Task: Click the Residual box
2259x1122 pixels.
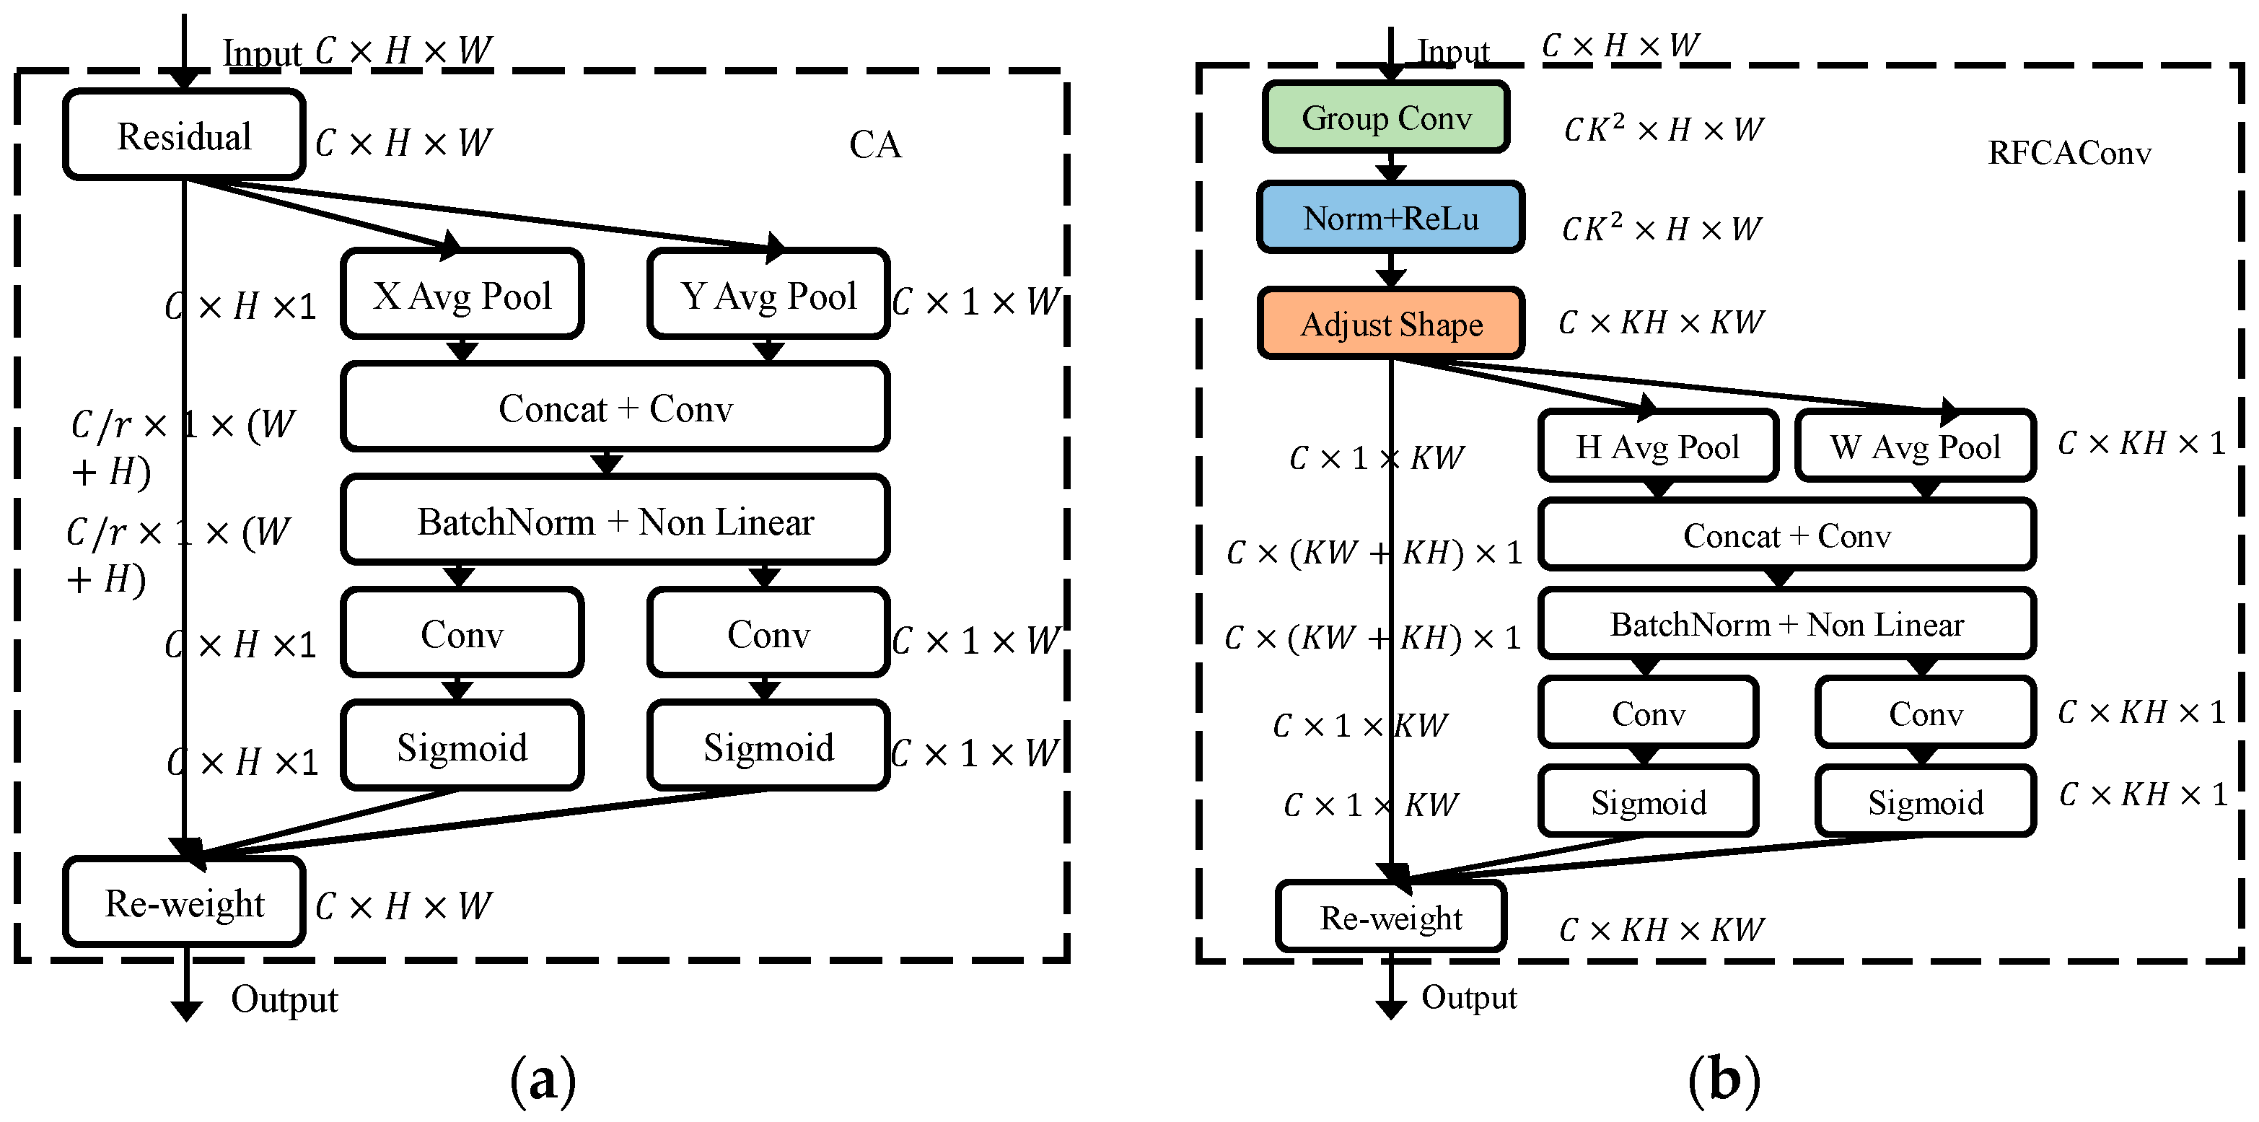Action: coord(184,136)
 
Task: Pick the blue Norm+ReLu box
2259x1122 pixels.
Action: coord(1390,218)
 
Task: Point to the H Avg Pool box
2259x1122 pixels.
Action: coord(1657,447)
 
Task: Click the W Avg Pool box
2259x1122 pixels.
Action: coord(1916,447)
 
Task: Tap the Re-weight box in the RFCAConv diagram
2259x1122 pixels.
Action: coord(1391,918)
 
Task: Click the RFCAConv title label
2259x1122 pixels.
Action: coord(2069,154)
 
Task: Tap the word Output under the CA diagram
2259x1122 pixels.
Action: coord(284,999)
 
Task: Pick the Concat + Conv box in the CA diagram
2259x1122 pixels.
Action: coord(615,408)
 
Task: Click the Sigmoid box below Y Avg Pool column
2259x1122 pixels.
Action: coord(768,748)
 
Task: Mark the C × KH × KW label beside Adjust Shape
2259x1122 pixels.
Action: coord(1660,323)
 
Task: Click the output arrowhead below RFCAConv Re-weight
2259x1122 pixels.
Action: coord(1391,1009)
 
